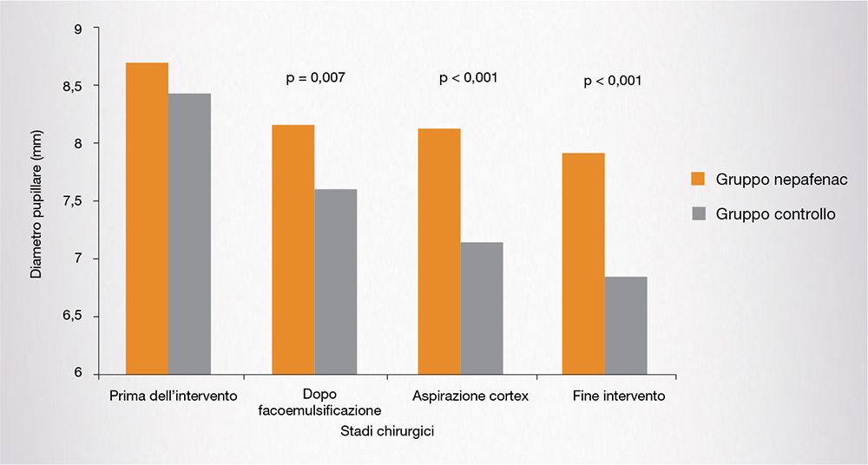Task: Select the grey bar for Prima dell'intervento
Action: click(189, 234)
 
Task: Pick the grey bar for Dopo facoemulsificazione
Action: click(336, 282)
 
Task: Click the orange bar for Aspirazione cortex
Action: click(439, 252)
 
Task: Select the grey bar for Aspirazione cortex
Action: click(482, 308)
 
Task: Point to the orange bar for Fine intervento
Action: click(583, 264)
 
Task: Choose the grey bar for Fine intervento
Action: click(626, 325)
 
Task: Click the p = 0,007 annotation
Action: click(315, 78)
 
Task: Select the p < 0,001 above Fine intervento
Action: click(613, 82)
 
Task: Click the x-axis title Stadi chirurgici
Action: click(388, 430)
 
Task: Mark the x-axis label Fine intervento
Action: click(619, 396)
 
